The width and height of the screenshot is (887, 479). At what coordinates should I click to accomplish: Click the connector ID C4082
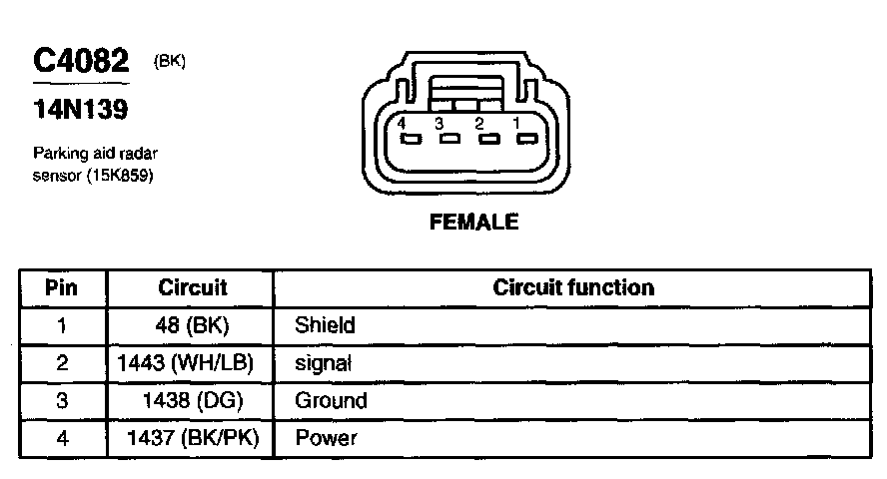[x=82, y=62]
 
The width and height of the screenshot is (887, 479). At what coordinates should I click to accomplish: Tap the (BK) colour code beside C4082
[x=170, y=61]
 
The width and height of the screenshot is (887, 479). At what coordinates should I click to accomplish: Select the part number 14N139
[x=81, y=110]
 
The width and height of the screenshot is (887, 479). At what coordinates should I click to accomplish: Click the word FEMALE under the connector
[x=473, y=223]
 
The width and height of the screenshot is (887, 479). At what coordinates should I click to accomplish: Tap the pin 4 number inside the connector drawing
[x=401, y=123]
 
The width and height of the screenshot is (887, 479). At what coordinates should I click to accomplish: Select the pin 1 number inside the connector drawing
[x=516, y=123]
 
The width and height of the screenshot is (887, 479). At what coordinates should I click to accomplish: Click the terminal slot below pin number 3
[x=449, y=139]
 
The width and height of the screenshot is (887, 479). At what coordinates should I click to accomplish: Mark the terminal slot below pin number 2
[x=488, y=139]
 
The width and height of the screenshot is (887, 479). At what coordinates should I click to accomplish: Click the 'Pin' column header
[x=62, y=288]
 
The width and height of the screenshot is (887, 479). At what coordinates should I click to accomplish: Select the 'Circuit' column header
[x=193, y=288]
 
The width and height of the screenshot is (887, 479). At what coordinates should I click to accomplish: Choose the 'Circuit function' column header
[x=573, y=288]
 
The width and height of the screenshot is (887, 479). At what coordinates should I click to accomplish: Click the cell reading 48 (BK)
[x=193, y=325]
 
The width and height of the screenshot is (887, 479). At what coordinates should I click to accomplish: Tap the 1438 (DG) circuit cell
[x=193, y=401]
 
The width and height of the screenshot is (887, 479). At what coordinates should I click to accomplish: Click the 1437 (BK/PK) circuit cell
[x=193, y=438]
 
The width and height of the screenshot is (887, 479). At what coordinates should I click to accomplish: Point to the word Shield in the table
[x=325, y=325]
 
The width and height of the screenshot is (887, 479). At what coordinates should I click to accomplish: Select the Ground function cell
[x=331, y=401]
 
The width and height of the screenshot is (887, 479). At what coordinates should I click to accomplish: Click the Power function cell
[x=326, y=438]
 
